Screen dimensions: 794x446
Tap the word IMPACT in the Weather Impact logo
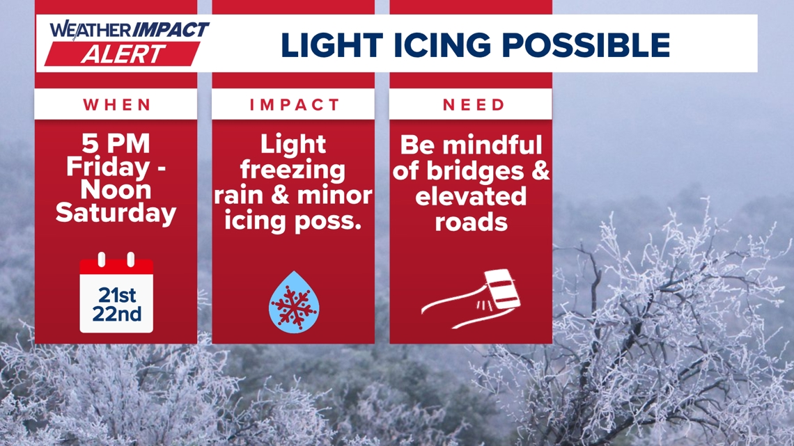pos(171,30)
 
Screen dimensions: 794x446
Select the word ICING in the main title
pos(442,45)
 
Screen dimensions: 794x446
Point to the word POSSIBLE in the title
pos(586,45)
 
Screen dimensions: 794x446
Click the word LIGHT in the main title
pos(332,45)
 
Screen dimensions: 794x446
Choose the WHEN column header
pos(117,104)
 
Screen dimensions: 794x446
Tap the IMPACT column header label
pos(294,104)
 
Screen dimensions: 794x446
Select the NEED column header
pos(474,104)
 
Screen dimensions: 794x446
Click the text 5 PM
pos(116,143)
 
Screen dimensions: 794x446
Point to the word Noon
pos(116,190)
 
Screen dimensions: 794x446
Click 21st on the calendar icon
pos(117,295)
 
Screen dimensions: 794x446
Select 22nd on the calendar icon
pos(117,314)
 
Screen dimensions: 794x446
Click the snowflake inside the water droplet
pos(294,305)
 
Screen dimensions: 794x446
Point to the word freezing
pos(293,170)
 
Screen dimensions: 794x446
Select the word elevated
pos(471,196)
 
